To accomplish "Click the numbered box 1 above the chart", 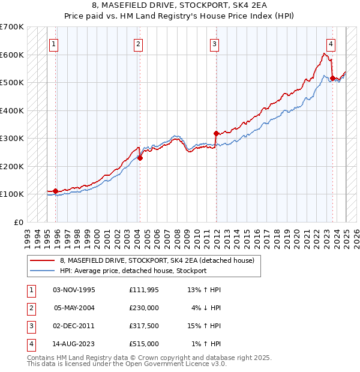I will click(55, 43).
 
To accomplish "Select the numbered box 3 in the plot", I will click(214, 43).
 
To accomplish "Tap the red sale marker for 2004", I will click(140, 158).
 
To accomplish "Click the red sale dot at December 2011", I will click(216, 133).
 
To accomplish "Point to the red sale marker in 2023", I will click(332, 78).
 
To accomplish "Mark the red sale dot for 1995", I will click(55, 191).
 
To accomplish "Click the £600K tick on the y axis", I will click(12, 55).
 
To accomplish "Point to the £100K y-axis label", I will click(12, 194).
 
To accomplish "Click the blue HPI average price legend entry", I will click(133, 271).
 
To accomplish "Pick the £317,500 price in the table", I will click(144, 326).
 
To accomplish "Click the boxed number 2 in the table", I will click(30, 308).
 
